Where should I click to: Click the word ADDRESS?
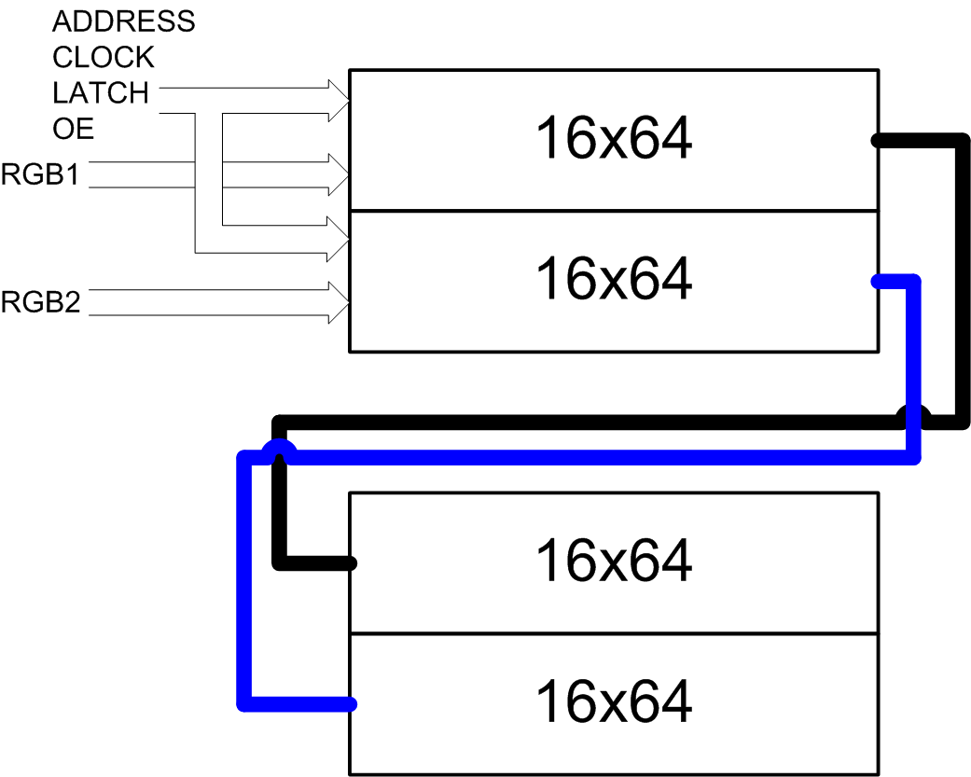click(x=123, y=21)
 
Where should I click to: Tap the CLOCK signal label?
click(x=103, y=57)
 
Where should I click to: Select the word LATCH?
click(x=100, y=92)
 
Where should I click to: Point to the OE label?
click(x=73, y=128)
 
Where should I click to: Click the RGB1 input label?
click(x=40, y=174)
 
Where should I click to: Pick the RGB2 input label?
click(x=40, y=302)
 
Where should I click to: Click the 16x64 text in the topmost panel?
click(x=613, y=140)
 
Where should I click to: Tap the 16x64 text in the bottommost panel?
click(x=613, y=701)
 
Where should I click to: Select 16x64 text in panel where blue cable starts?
click(x=613, y=279)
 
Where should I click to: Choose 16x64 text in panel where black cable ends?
click(x=613, y=561)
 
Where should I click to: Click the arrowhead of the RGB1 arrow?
click(x=337, y=174)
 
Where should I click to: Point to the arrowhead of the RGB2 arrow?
click(x=337, y=302)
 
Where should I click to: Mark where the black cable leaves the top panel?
click(x=877, y=141)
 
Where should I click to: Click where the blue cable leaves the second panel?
click(x=877, y=280)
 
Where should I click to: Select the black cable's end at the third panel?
click(x=351, y=562)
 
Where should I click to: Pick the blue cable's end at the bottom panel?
click(x=351, y=703)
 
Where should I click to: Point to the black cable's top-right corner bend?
click(x=961, y=142)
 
